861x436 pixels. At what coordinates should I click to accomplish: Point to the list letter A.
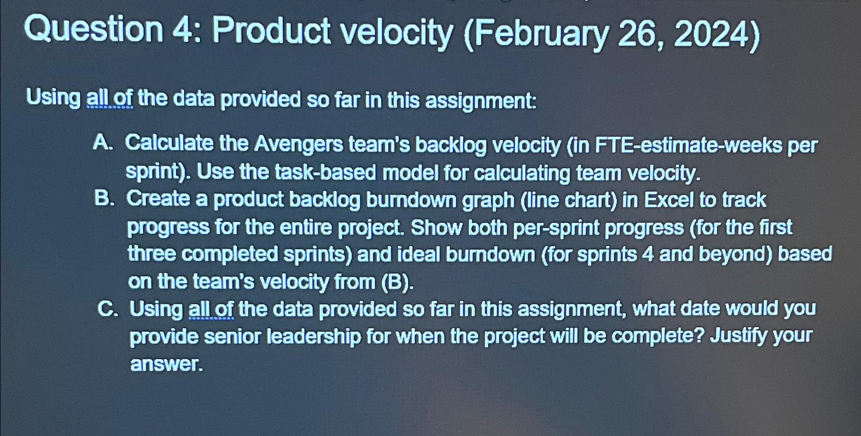(103, 143)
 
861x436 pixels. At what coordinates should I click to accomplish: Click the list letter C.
(107, 309)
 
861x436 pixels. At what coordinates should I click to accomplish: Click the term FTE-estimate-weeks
(688, 146)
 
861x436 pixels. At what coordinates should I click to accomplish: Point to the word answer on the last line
(166, 364)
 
